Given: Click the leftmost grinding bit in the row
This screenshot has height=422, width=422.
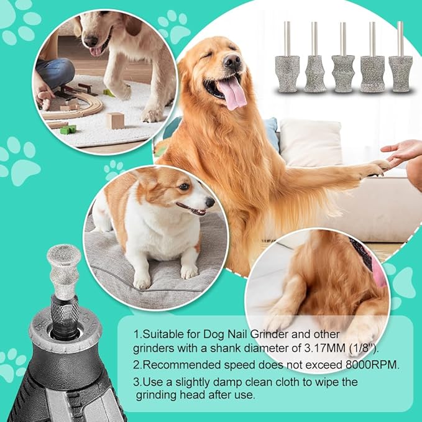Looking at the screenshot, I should pyautogui.click(x=288, y=72).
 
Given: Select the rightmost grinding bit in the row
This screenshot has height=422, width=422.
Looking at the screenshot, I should pyautogui.click(x=400, y=72).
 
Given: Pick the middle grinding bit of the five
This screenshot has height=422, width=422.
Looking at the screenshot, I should pyautogui.click(x=342, y=72).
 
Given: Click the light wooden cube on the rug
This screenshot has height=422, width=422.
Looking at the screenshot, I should pyautogui.click(x=114, y=120).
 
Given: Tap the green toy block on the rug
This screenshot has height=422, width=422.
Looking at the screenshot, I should pyautogui.click(x=68, y=129).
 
